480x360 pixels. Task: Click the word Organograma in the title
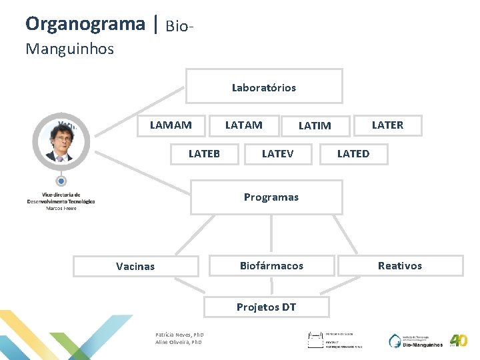point(85,24)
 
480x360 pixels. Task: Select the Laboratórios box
point(264,87)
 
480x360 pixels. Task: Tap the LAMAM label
point(171,125)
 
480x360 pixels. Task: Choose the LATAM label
point(243,125)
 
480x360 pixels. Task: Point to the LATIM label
point(315,125)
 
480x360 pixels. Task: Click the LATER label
point(387,125)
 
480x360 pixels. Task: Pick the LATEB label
point(204,154)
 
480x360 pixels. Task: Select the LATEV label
point(277,154)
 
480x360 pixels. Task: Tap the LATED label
point(353,154)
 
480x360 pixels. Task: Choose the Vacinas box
point(135,266)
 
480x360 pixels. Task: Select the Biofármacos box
point(271,265)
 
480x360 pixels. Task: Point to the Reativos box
point(399,265)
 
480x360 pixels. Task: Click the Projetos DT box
point(266,307)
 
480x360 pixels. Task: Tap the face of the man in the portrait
point(61,138)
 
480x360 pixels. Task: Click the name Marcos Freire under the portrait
point(61,209)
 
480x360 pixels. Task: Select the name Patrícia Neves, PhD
point(179,335)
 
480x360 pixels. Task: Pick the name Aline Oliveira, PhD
point(178,343)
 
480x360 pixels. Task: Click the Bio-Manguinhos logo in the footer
point(417,341)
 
